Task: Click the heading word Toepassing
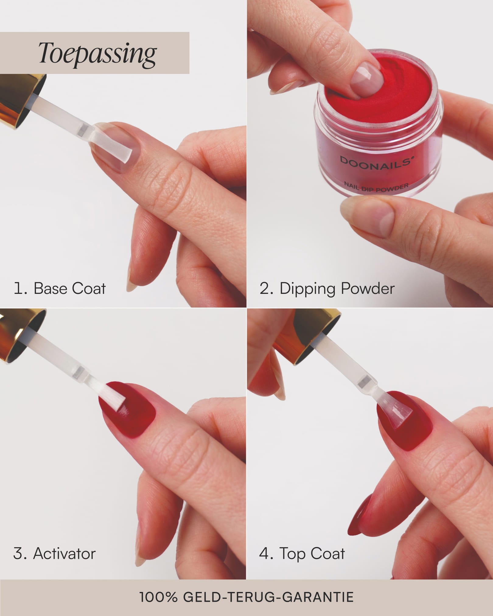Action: (x=97, y=54)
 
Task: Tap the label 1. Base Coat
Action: (x=60, y=288)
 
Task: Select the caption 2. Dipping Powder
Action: (x=327, y=288)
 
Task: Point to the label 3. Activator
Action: (x=54, y=553)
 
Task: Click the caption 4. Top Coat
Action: (x=302, y=553)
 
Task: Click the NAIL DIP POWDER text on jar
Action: (x=376, y=186)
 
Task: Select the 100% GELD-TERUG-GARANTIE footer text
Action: (x=246, y=597)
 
